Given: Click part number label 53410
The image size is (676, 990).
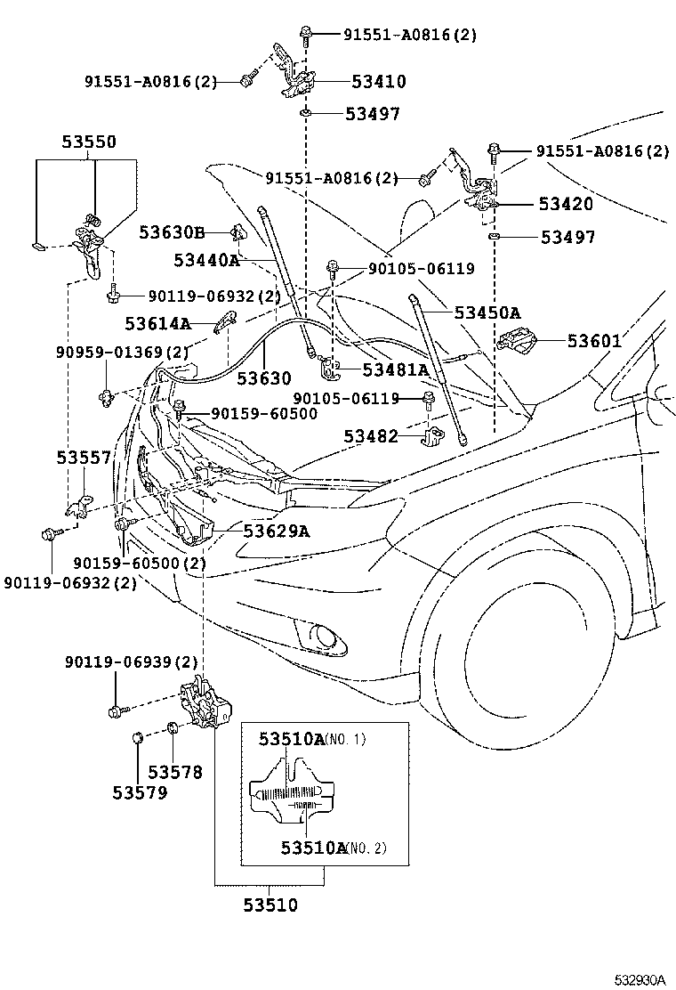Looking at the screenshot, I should pos(378,82).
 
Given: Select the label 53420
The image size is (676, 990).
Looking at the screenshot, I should pos(565,204).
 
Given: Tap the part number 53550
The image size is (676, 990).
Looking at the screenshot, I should pos(89,142).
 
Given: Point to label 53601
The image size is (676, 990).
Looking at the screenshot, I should pos(595,341).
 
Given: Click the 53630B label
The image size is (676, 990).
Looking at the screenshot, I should pos(172,233).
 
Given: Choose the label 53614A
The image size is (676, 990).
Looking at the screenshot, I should pos(157,324).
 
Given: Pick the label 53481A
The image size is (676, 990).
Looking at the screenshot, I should pos(395,369).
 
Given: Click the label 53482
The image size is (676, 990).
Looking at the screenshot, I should pos(372,436).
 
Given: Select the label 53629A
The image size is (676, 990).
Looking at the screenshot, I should pos(276,532).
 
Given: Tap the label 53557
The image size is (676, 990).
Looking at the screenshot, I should pos(84,458).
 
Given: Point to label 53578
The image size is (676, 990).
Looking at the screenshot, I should pos(175,772).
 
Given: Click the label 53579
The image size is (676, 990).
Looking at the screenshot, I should pos(140,791).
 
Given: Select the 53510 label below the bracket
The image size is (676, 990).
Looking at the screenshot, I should pos(270,906).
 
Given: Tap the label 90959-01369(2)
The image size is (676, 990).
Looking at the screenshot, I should pos(123,353).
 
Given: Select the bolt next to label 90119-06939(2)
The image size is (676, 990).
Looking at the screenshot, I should pos(116,710).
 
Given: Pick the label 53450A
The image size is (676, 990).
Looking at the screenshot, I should pos(487,312).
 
